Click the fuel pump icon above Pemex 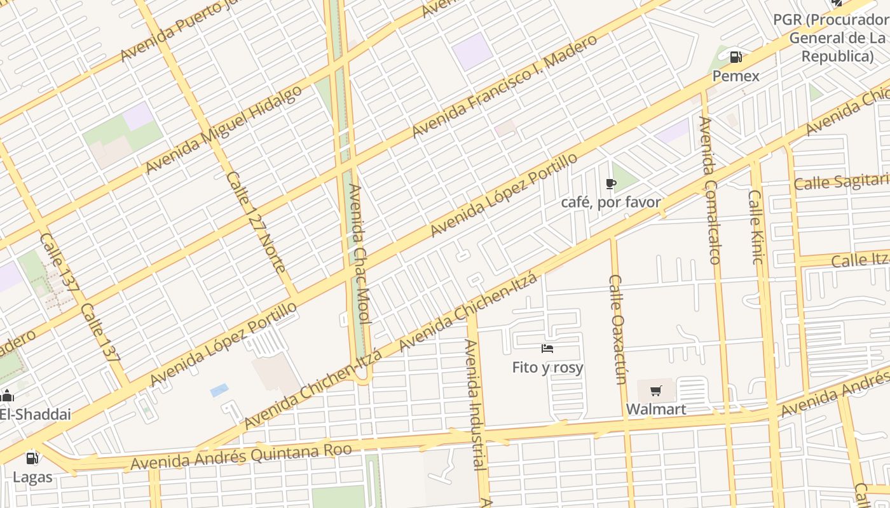[736, 57]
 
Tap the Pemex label [736, 76]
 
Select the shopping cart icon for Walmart [655, 391]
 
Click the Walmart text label [656, 409]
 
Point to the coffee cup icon [610, 184]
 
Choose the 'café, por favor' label [611, 203]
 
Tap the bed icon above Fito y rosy [547, 349]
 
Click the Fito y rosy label [547, 367]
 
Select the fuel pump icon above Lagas [32, 458]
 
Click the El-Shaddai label [35, 414]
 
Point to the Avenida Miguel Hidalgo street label [224, 130]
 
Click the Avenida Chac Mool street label [359, 254]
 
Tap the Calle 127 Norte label [256, 222]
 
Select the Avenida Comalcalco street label [709, 190]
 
